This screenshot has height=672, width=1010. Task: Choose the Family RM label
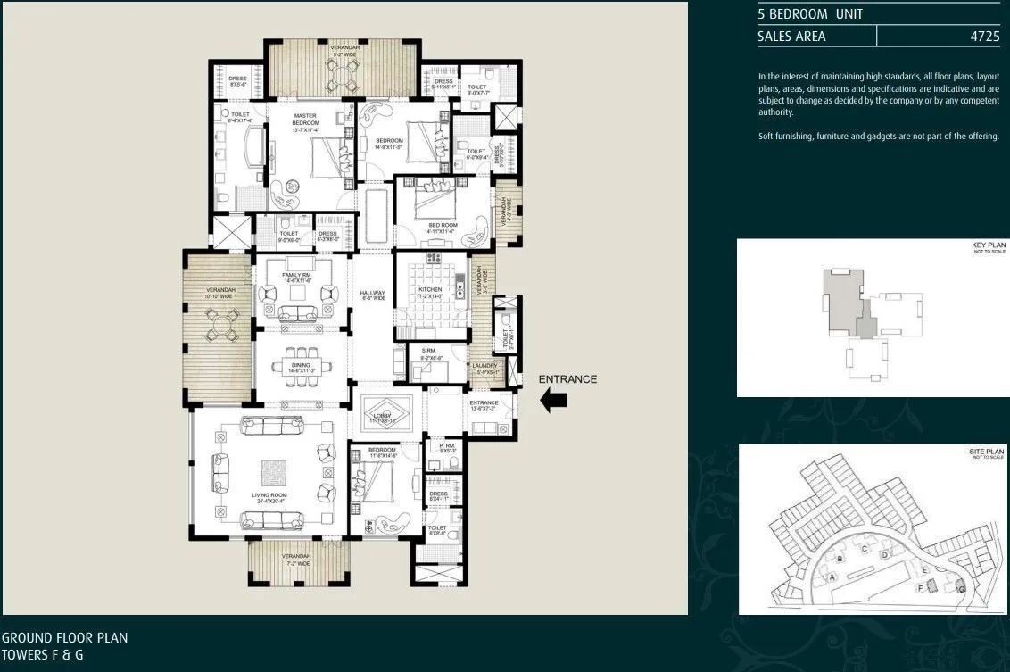pos(296,276)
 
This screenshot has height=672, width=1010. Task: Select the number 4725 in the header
pos(984,37)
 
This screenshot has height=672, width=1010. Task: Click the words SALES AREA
pos(791,37)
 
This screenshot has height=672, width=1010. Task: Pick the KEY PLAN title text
pos(988,245)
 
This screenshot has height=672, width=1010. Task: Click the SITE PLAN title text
pos(987,452)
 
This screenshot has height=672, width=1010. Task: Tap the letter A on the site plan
pos(832,577)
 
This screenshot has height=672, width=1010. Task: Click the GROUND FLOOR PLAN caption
pos(64,638)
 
